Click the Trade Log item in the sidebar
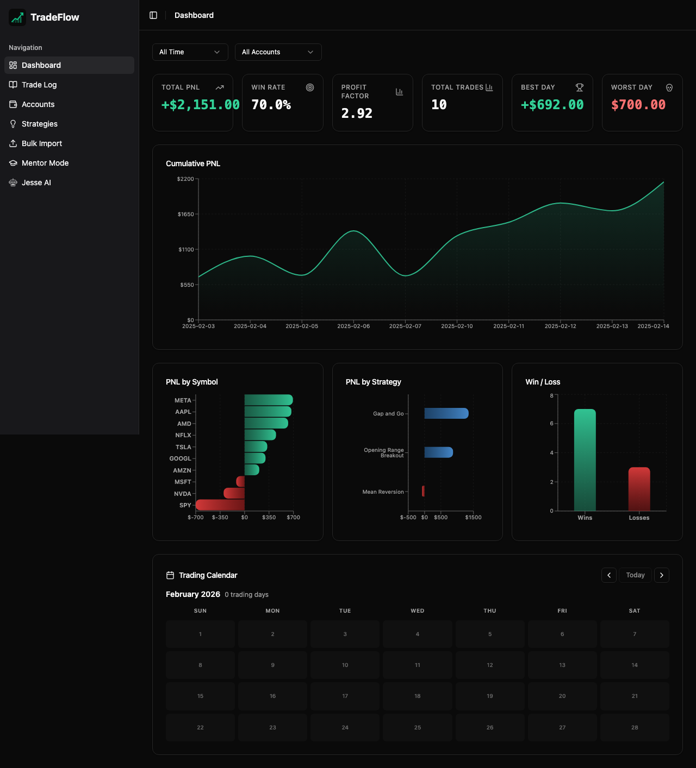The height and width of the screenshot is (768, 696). [39, 85]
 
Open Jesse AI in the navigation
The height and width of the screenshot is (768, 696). [36, 182]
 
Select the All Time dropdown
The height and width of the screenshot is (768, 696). [190, 52]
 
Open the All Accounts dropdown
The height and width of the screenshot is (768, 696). [278, 52]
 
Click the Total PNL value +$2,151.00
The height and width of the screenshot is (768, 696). [200, 105]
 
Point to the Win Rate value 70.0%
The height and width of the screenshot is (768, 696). [271, 105]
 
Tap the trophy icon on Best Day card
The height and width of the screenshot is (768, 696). [580, 87]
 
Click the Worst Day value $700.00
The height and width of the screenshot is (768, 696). [638, 105]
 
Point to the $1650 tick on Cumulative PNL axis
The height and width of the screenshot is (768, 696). [186, 215]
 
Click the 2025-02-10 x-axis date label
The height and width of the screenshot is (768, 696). [457, 326]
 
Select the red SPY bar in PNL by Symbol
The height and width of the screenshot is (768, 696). [220, 505]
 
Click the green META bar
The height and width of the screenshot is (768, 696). [269, 400]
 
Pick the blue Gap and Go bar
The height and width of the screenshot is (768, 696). [446, 413]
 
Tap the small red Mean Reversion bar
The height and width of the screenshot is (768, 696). [423, 491]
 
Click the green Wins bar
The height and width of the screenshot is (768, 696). [585, 459]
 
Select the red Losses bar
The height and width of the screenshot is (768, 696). [639, 489]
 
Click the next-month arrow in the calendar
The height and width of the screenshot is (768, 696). [661, 575]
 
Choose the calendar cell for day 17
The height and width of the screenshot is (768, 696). [345, 696]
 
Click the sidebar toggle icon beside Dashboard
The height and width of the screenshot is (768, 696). [153, 15]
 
